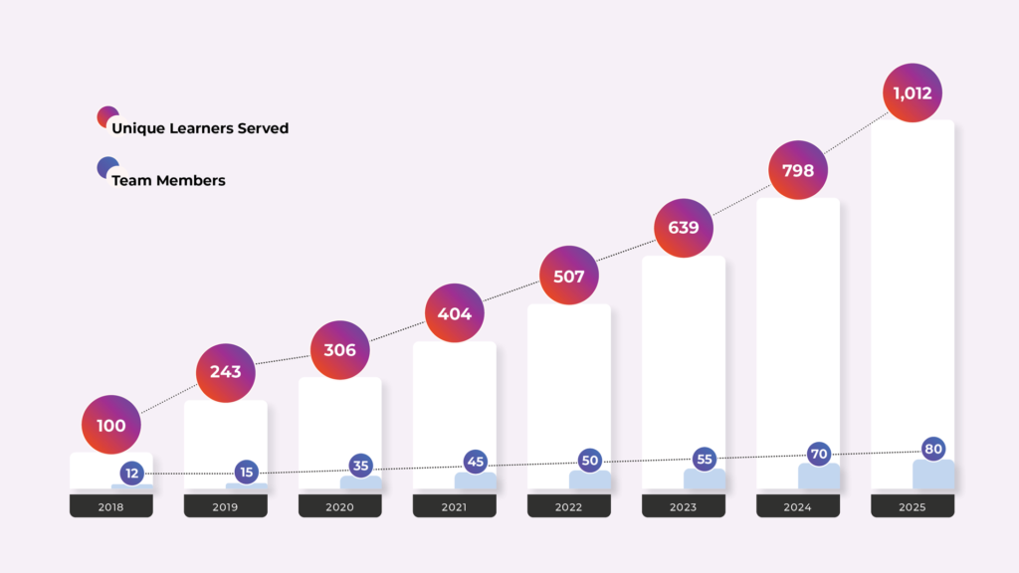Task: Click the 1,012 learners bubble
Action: (913, 93)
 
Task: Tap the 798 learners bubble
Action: (798, 170)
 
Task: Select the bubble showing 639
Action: (684, 228)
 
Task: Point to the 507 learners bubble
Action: (568, 276)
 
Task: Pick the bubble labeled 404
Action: (454, 313)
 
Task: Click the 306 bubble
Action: (340, 350)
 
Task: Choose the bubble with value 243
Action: (226, 373)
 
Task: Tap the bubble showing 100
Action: (111, 425)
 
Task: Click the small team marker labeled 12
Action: (132, 473)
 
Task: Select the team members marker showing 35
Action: (360, 466)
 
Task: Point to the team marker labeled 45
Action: (475, 462)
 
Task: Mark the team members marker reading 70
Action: (819, 454)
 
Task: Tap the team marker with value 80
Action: (933, 449)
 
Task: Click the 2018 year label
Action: (111, 506)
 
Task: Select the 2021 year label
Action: (454, 506)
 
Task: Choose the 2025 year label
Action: (913, 506)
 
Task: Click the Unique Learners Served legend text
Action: (200, 128)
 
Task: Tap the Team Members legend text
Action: (168, 180)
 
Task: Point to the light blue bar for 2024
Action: (819, 477)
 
